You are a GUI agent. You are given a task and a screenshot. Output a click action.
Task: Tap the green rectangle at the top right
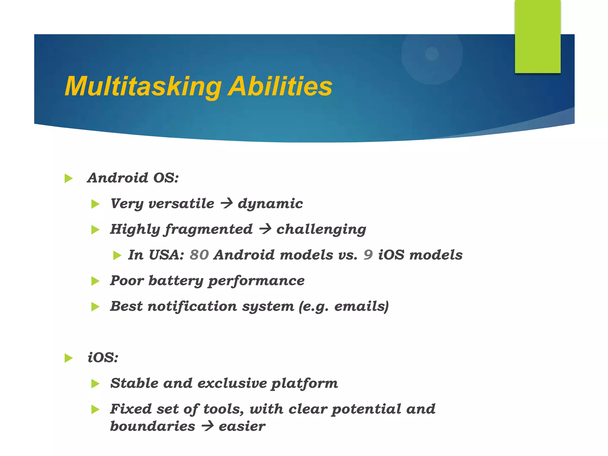(x=537, y=36)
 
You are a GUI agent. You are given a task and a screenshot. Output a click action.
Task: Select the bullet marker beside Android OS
(x=69, y=178)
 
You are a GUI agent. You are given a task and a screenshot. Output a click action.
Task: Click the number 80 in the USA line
(x=199, y=255)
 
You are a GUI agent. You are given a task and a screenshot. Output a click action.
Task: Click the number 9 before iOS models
(x=368, y=255)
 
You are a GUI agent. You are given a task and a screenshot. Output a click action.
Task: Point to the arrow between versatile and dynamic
(x=226, y=204)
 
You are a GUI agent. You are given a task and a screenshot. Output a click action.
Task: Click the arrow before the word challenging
(x=265, y=229)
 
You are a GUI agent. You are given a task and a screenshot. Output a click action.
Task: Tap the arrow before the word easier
(x=207, y=426)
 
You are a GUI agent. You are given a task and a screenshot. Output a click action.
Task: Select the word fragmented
(x=209, y=229)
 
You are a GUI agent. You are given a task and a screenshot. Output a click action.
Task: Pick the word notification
(x=192, y=306)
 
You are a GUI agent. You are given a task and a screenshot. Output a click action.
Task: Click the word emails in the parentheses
(x=360, y=306)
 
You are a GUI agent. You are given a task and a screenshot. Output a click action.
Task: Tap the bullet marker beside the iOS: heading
(x=69, y=358)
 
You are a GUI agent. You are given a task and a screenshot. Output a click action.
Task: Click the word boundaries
(x=153, y=426)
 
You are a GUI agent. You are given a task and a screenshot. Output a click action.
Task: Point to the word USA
(x=166, y=255)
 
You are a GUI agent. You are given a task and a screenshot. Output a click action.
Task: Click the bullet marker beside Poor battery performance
(x=95, y=281)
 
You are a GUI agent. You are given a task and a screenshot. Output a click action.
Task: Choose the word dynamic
(x=270, y=204)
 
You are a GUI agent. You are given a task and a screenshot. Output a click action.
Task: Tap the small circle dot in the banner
(x=432, y=54)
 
